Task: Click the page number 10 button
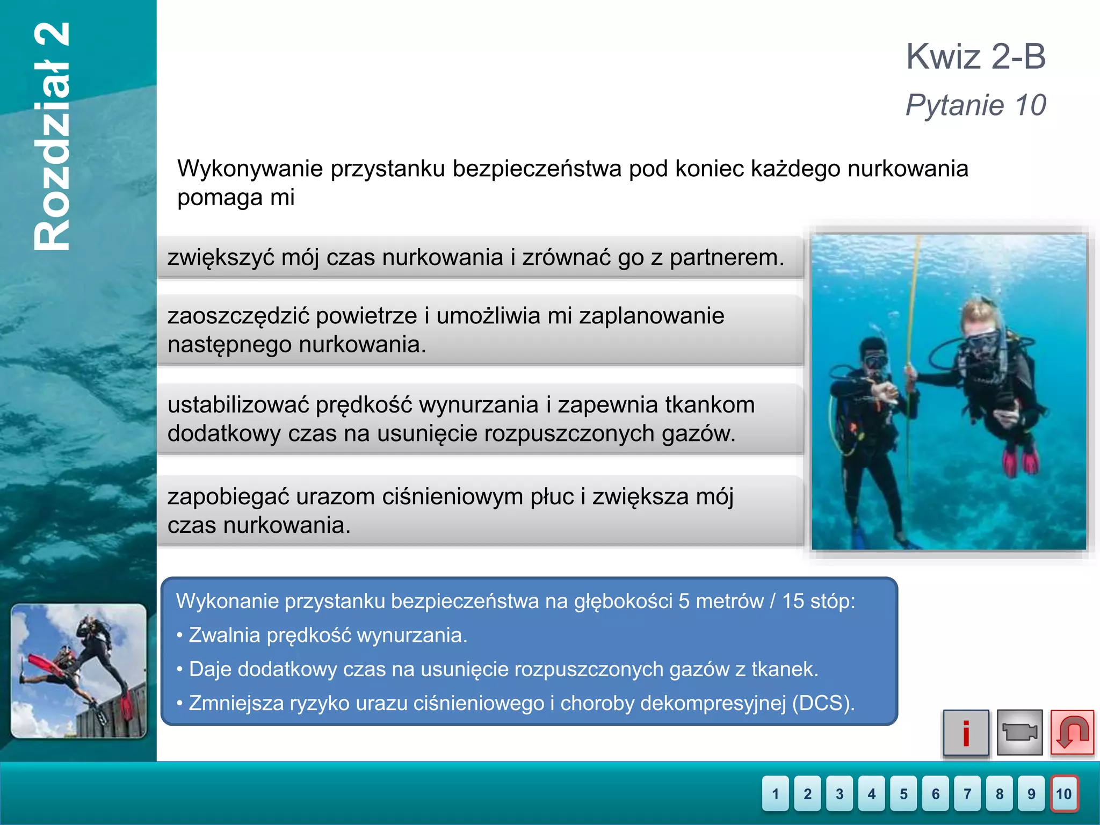pos(1064,793)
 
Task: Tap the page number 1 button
pos(775,793)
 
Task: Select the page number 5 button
pos(903,793)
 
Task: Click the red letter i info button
pos(966,733)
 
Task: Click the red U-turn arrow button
pos(1072,733)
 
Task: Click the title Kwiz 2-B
pos(975,56)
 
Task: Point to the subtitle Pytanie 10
pos(975,105)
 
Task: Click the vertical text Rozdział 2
pos(52,137)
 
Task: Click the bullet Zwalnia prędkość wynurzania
pos(328,635)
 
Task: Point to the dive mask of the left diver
pos(875,359)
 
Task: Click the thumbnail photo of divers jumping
pos(78,671)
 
